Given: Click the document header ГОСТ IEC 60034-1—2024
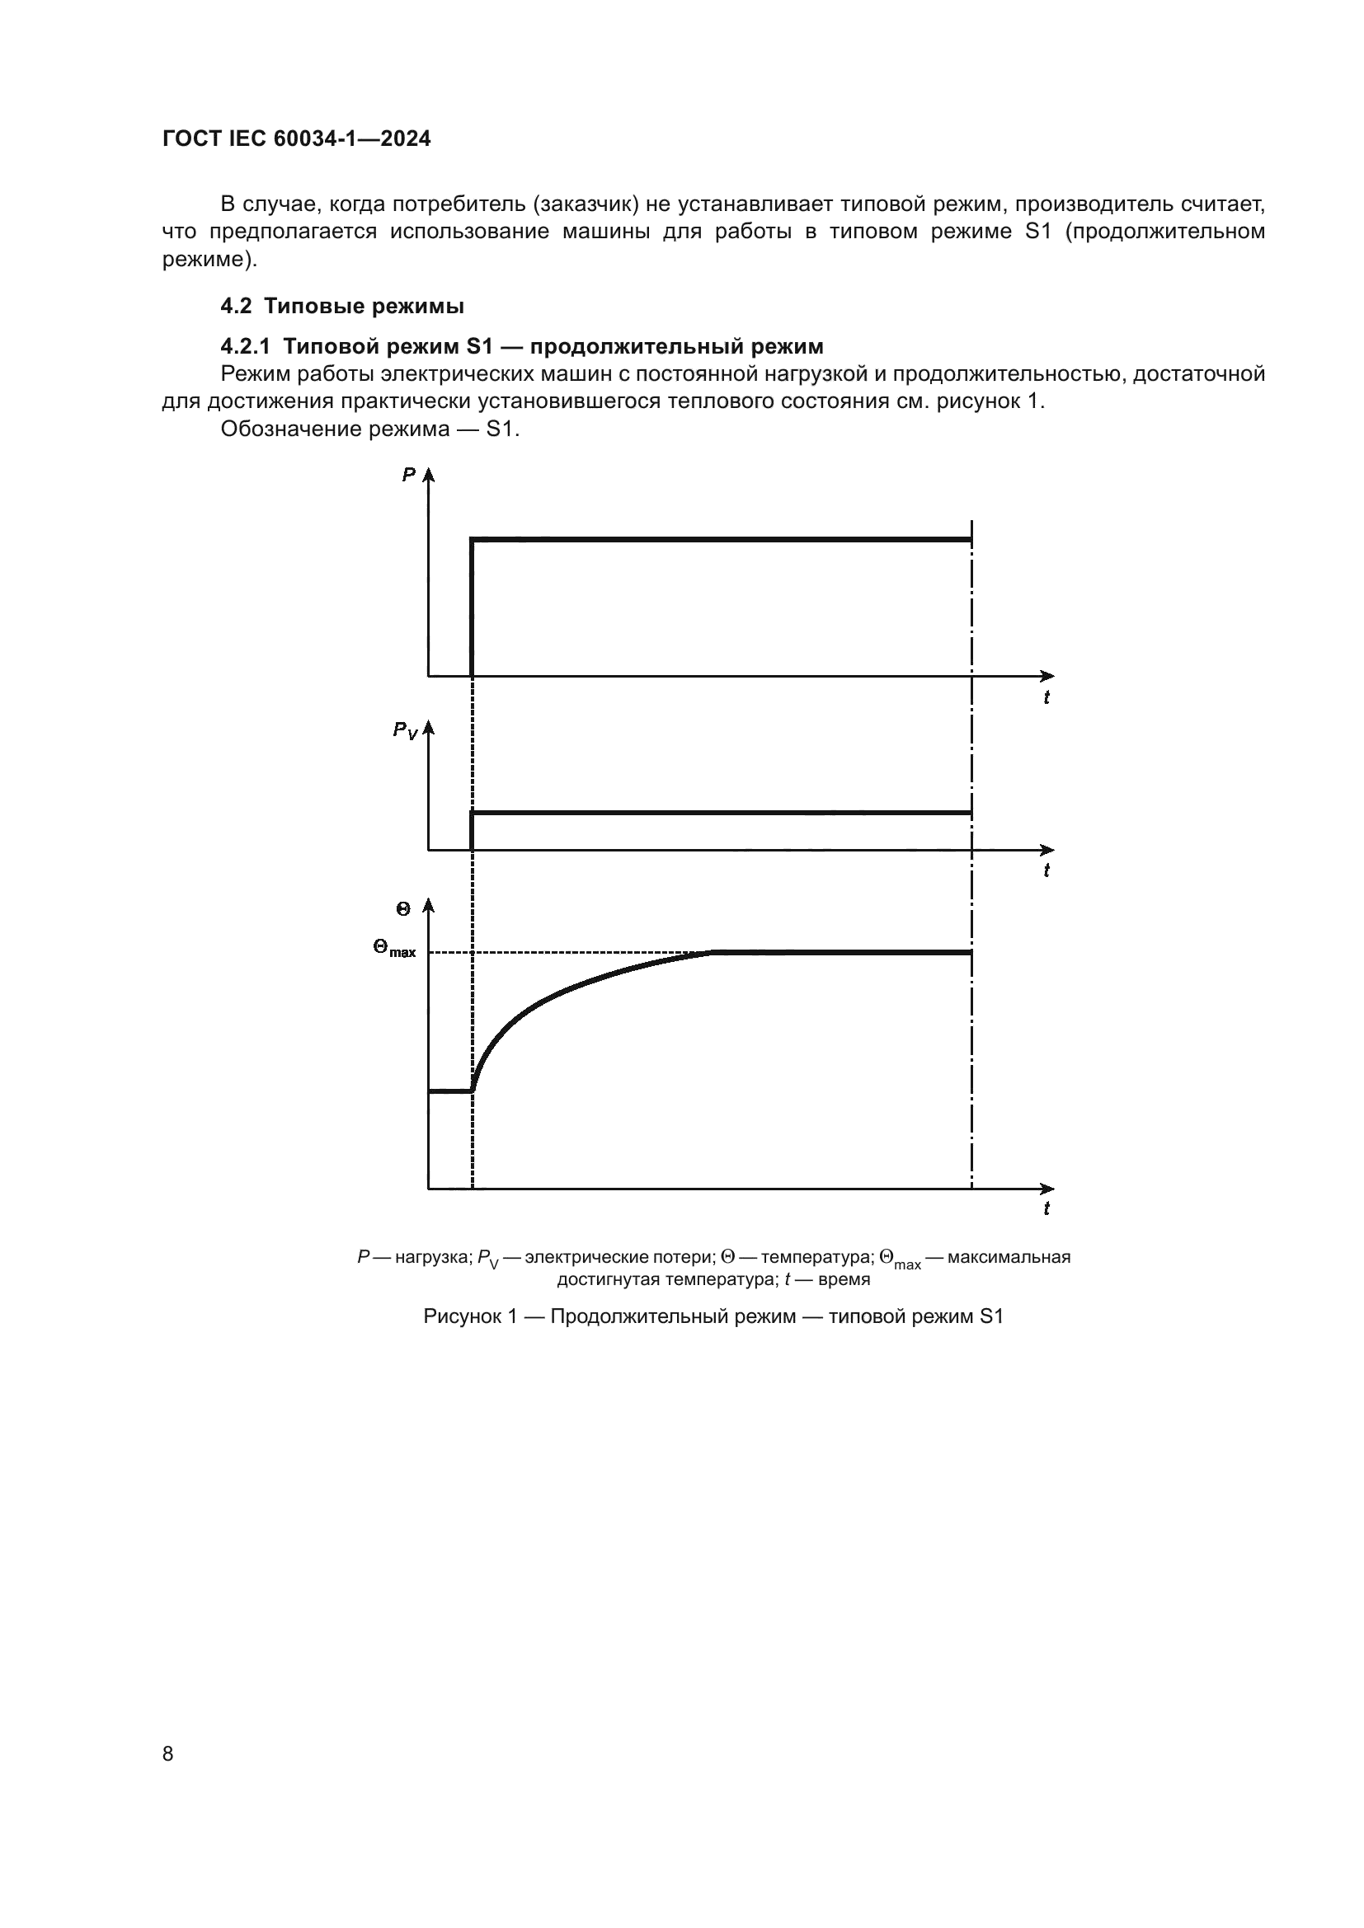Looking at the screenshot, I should [297, 139].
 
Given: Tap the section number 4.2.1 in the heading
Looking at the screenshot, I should [245, 346].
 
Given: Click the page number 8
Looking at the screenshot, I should [168, 1753].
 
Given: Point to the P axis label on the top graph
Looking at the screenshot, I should [409, 476].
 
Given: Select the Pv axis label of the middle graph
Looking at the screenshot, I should [405, 730].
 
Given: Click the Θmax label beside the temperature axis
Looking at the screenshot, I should [395, 950].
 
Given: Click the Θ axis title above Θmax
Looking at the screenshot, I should [403, 908].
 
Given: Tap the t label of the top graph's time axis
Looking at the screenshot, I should [1047, 697].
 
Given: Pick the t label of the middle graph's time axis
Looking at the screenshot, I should [1047, 870].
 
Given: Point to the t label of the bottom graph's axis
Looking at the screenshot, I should [1047, 1208].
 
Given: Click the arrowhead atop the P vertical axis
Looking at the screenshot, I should [428, 474].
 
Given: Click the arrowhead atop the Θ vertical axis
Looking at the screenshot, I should [428, 904].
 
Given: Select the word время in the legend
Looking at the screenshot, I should [844, 1280].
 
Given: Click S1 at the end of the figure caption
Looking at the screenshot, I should [991, 1316].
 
